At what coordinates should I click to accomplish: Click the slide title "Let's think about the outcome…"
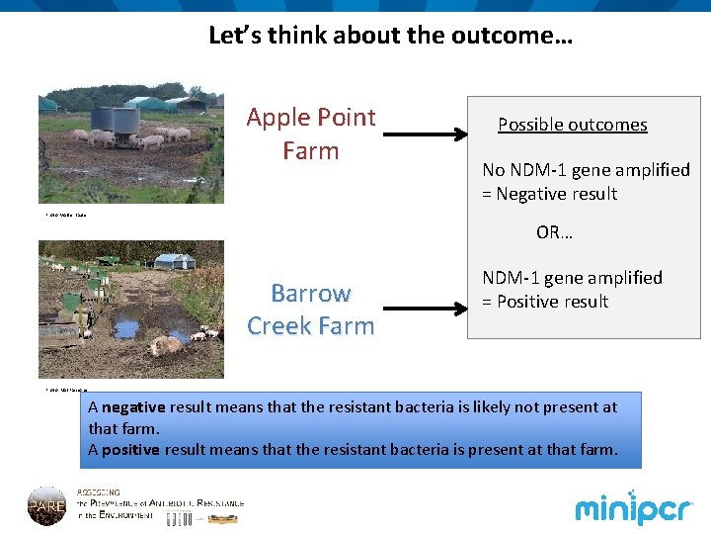[x=390, y=37]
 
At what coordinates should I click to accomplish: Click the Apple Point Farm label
[x=310, y=133]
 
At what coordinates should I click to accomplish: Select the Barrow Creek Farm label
[x=310, y=310]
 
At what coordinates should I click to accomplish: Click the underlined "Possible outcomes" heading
[x=572, y=125]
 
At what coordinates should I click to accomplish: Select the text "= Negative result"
[x=549, y=194]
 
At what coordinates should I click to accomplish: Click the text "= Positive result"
[x=545, y=302]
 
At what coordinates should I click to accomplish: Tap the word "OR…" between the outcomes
[x=554, y=232]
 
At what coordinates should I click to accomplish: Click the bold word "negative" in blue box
[x=134, y=406]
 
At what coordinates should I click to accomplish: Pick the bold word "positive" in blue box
[x=132, y=450]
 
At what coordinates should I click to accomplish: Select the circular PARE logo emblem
[x=46, y=505]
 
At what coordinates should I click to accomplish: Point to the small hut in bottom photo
[x=175, y=260]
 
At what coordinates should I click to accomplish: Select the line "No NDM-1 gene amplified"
[x=586, y=170]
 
